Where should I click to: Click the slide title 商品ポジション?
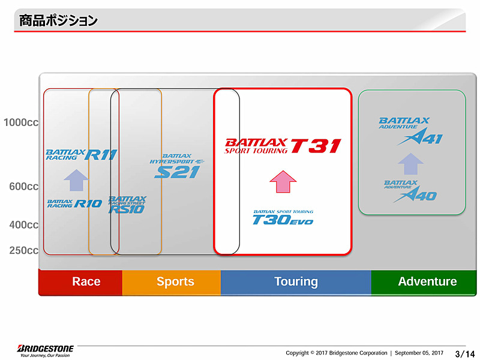click(x=58, y=21)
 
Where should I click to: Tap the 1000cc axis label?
click(x=21, y=123)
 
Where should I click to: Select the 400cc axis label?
click(x=24, y=225)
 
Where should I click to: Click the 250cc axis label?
click(x=24, y=250)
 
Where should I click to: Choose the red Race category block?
click(x=81, y=282)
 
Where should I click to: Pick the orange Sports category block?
click(x=172, y=282)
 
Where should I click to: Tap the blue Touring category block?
click(x=296, y=282)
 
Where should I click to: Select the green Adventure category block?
click(x=427, y=282)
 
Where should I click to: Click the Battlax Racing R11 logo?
click(x=81, y=155)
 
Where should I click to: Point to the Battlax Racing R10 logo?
click(x=74, y=204)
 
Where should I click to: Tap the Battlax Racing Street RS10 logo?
click(x=127, y=205)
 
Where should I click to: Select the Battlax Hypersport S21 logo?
click(x=177, y=165)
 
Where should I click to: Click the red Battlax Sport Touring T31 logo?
click(x=283, y=146)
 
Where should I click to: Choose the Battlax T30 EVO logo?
click(x=283, y=217)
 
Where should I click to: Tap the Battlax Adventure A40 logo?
click(x=410, y=191)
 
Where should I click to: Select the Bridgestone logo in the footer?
click(x=46, y=350)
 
